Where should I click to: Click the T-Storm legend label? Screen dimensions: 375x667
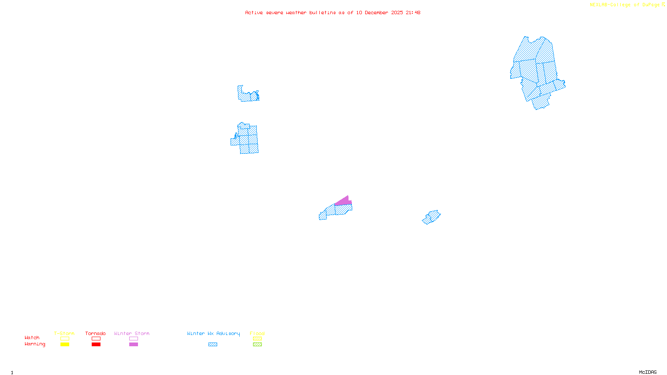(64, 333)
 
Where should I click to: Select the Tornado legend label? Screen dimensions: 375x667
(95, 333)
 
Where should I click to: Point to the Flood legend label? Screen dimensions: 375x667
(257, 333)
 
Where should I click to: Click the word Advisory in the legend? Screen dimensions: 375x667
(228, 333)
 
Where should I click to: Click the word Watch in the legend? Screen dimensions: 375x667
(32, 337)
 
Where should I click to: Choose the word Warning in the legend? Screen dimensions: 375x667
(35, 344)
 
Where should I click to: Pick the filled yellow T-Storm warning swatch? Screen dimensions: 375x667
(65, 345)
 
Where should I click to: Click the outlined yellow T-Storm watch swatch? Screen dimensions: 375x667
(65, 339)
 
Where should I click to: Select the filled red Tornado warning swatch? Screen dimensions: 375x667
(96, 345)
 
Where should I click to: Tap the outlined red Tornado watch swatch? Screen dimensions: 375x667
(96, 339)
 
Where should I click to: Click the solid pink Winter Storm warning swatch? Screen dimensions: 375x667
(133, 345)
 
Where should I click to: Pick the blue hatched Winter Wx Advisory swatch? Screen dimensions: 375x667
(213, 345)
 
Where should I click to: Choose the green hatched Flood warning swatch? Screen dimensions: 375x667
(257, 345)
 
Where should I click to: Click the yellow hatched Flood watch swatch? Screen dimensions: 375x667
(257, 339)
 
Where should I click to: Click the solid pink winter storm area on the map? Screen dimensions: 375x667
(344, 202)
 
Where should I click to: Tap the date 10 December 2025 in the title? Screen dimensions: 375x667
(379, 12)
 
